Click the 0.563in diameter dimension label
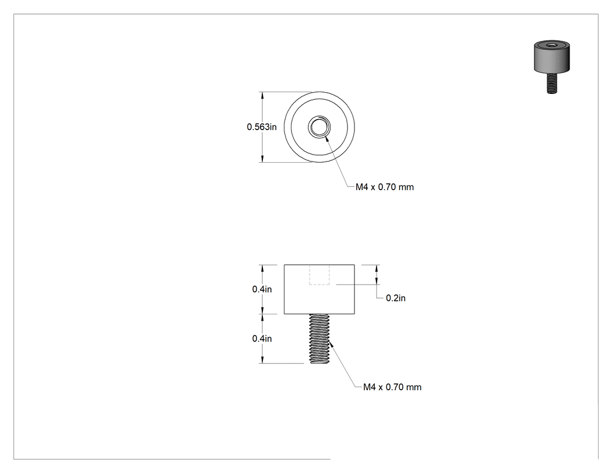pos(262,127)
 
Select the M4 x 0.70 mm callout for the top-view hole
pos(385,187)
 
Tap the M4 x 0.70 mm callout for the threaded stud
pos(392,387)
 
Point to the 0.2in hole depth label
pos(396,298)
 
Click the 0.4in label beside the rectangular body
pos(262,289)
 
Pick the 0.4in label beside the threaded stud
pos(262,339)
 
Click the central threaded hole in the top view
pos(319,127)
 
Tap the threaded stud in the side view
pos(319,339)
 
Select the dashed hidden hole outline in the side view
pos(319,275)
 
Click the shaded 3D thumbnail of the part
pos(552,66)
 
